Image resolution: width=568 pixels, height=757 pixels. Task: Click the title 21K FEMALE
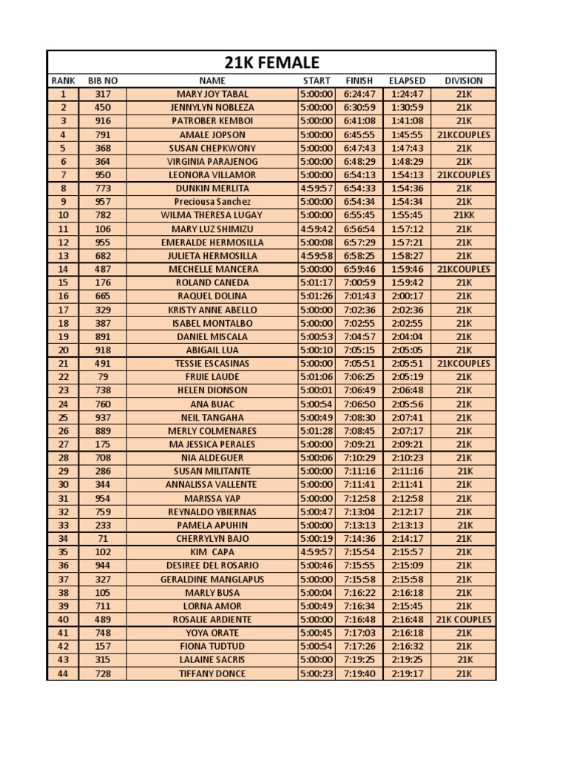(271, 62)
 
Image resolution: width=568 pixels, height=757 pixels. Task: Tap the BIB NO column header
(103, 81)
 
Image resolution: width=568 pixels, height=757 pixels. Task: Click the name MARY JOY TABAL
(212, 94)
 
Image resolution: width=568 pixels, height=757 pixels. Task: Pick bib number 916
(103, 120)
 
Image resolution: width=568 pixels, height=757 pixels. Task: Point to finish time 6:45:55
(359, 135)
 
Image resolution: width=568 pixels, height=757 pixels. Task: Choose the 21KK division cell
(464, 215)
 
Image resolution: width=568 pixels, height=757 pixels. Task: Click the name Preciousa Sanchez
(212, 202)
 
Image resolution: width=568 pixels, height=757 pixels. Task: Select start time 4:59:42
(317, 228)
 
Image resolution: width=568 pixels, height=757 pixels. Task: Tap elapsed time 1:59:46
(407, 269)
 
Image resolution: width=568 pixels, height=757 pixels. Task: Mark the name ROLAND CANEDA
(212, 282)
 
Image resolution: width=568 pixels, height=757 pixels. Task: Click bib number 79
(103, 376)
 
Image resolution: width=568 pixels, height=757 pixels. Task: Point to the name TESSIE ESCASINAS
(212, 363)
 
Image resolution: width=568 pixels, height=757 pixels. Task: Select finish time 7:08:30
(359, 417)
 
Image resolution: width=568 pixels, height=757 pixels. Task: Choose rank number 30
(63, 484)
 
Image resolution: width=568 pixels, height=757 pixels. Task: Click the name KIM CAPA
(212, 551)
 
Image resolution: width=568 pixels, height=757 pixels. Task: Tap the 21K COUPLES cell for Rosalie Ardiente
(464, 619)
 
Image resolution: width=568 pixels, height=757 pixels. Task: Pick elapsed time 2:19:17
(407, 673)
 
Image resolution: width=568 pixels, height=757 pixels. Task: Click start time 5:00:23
(317, 673)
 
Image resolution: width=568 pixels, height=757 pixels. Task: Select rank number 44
(63, 673)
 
